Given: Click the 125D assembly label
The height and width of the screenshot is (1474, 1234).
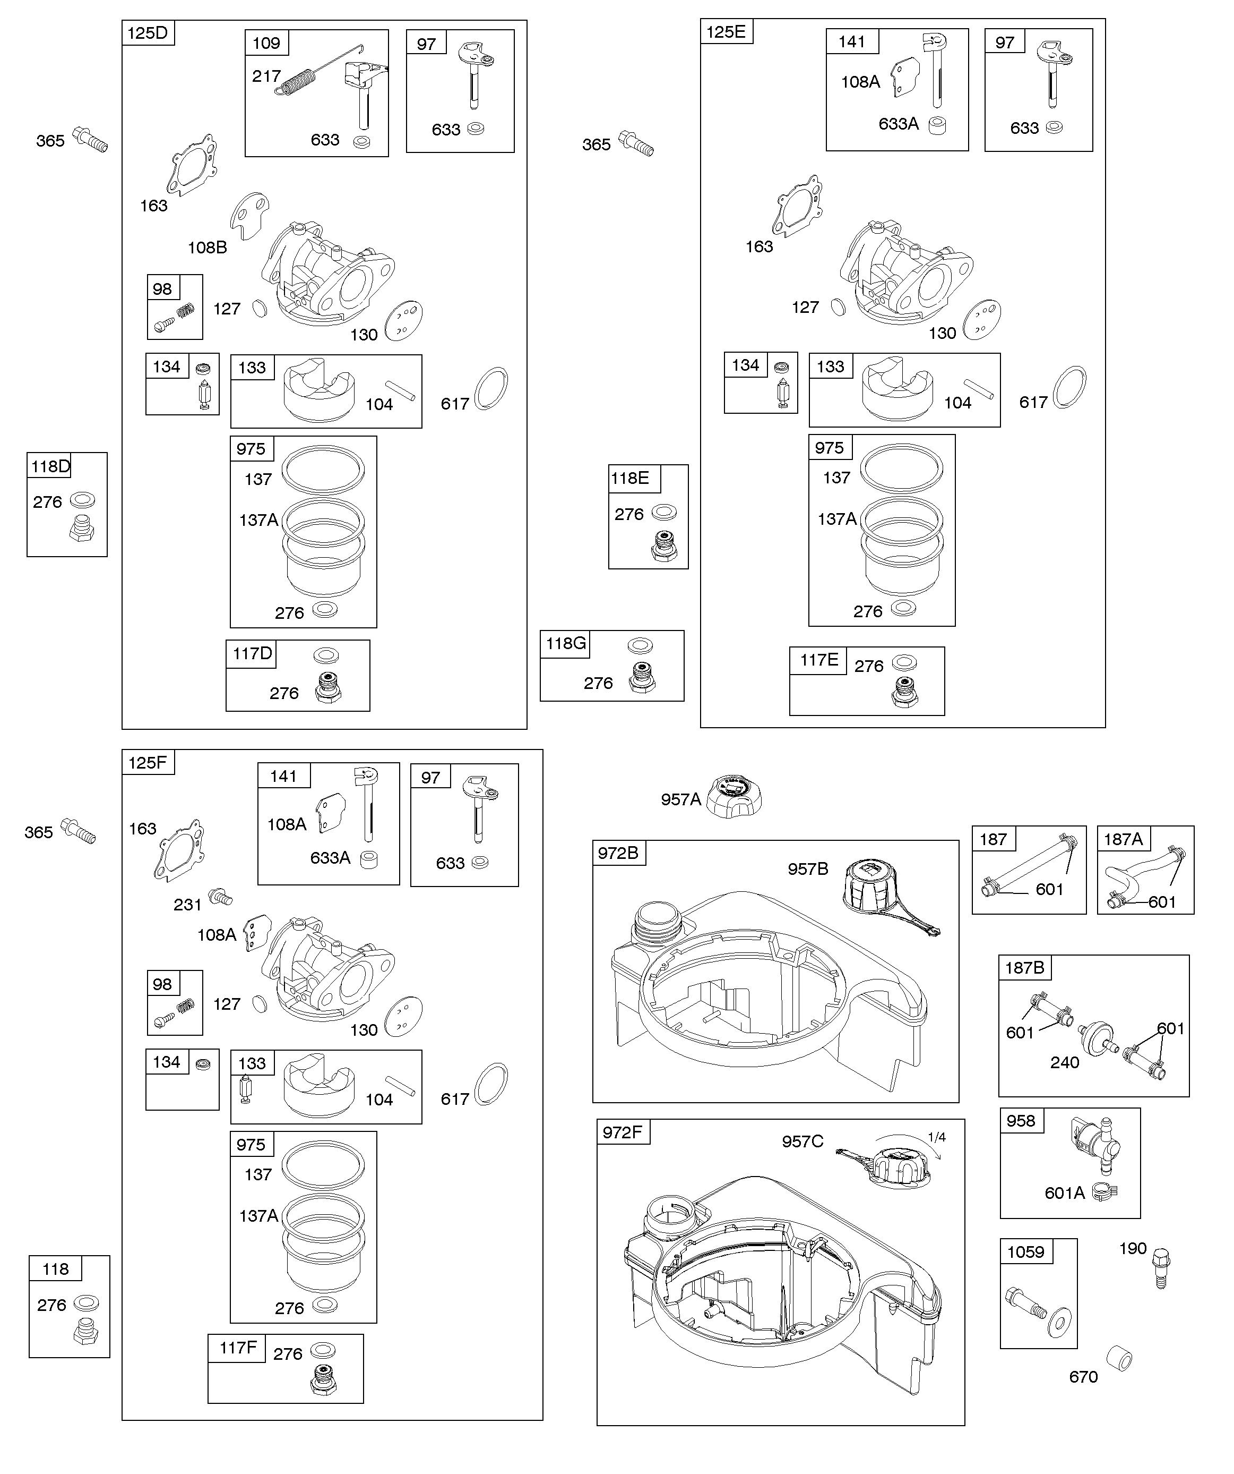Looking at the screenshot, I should [148, 33].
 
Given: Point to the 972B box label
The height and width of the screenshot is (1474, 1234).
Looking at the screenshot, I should [618, 853].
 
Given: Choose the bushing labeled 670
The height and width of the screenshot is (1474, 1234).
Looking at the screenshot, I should [1119, 1358].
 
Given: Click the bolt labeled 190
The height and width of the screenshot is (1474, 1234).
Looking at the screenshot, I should [1162, 1267].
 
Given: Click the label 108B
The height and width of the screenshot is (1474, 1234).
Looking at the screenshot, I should [207, 248].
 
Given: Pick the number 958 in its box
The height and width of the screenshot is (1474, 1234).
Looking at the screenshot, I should [1020, 1121].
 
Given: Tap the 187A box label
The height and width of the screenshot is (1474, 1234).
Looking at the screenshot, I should [1123, 839].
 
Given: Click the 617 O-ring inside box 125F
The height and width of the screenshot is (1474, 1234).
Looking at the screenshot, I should [491, 1085].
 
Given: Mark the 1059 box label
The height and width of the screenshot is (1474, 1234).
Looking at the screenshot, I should [1025, 1251].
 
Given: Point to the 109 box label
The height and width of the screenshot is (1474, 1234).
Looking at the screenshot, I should [266, 43].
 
